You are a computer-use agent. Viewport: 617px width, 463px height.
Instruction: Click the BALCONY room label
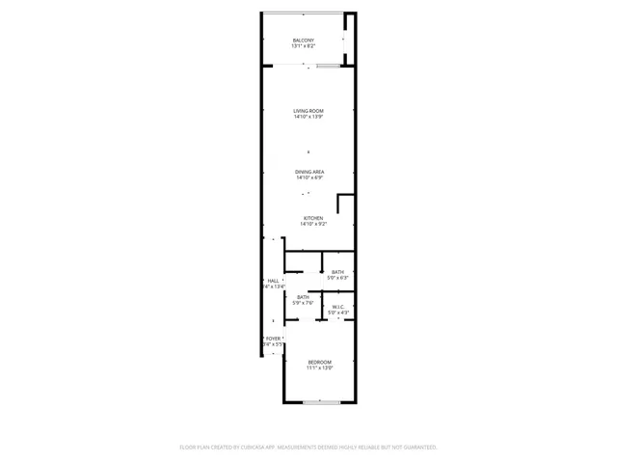pos(303,41)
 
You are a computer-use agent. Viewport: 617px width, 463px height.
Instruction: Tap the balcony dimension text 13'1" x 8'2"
pos(303,46)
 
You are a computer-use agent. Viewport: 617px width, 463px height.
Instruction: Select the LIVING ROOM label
pos(308,111)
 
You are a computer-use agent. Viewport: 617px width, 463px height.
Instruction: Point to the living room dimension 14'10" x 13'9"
pos(308,117)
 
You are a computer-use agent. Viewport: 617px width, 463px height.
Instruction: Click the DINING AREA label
pos(309,172)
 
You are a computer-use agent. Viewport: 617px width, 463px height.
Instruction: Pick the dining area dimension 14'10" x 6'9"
pos(309,177)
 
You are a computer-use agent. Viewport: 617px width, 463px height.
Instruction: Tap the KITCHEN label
pos(313,218)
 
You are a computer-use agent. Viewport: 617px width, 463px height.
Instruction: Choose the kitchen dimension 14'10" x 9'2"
pos(313,224)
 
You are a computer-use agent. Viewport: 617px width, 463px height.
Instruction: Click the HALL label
pos(273,281)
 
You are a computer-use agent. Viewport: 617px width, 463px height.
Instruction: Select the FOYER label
pos(274,339)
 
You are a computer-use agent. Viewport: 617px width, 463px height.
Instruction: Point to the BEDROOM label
pos(320,362)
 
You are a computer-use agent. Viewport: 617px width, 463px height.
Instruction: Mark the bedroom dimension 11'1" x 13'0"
pos(320,368)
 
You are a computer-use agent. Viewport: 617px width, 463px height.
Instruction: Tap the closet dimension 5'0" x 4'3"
pos(338,313)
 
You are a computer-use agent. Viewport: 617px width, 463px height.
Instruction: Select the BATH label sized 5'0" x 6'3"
pos(337,272)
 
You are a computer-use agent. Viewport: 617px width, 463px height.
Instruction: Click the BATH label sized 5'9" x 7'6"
pos(303,297)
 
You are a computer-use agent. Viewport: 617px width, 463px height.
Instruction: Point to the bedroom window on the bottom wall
pos(318,401)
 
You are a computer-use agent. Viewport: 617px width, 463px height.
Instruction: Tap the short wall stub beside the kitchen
pos(338,204)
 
